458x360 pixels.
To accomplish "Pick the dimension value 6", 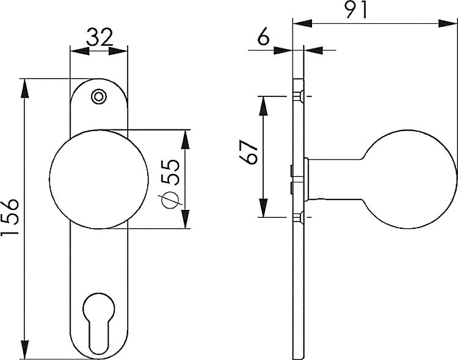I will coord(264,37).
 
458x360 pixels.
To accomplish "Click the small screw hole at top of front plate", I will coord(97,96).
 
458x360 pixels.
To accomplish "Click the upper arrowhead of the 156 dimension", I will coord(25,85).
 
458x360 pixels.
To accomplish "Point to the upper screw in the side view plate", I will coord(299,97).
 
